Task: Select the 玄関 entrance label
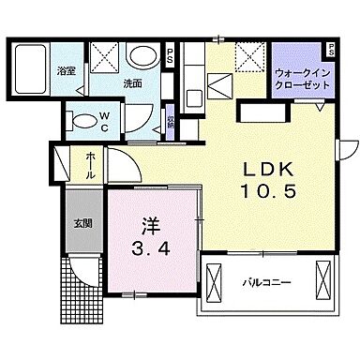coord(82,223)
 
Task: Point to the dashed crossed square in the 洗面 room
coord(106,57)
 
